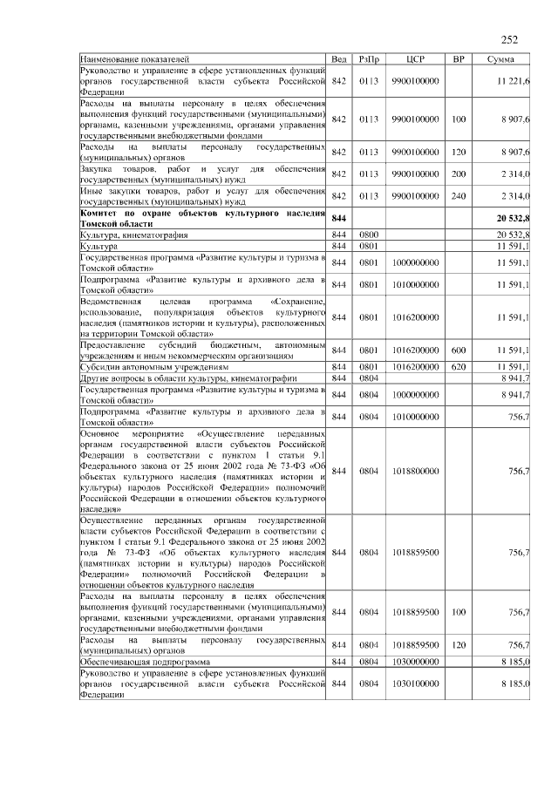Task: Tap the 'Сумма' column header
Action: click(507, 58)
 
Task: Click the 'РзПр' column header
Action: click(368, 58)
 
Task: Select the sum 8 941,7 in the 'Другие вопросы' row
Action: click(514, 377)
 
